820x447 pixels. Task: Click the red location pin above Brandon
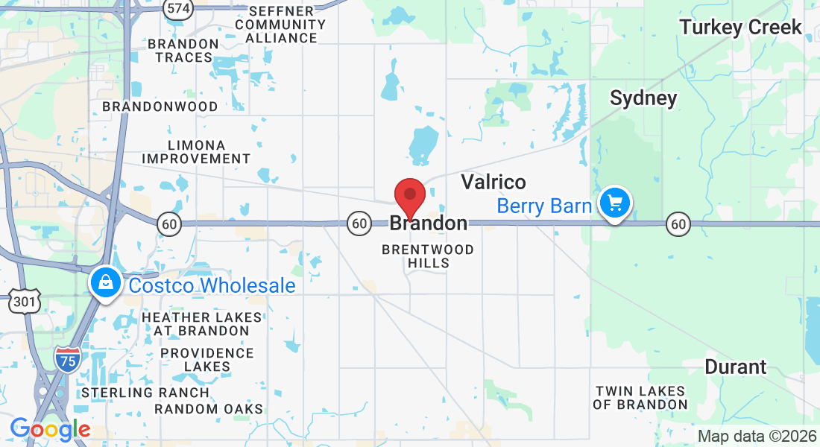pyautogui.click(x=409, y=195)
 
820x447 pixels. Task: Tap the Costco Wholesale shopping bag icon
pyautogui.click(x=106, y=283)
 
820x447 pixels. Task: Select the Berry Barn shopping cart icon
pyautogui.click(x=614, y=203)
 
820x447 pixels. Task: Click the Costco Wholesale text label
pyautogui.click(x=212, y=286)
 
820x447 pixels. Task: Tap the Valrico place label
pyautogui.click(x=493, y=182)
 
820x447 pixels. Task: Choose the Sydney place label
pyautogui.click(x=643, y=98)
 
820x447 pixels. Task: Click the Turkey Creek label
pyautogui.click(x=740, y=28)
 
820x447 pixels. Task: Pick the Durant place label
pyautogui.click(x=735, y=367)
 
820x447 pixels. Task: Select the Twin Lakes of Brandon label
pyautogui.click(x=640, y=398)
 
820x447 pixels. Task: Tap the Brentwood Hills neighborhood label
pyautogui.click(x=428, y=256)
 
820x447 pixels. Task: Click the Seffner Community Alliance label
pyautogui.click(x=280, y=25)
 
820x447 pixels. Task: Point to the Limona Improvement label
pyautogui.click(x=196, y=152)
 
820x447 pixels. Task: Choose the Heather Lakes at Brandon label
pyautogui.click(x=201, y=324)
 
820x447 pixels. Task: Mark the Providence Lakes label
pyautogui.click(x=207, y=360)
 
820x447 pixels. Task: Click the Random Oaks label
pyautogui.click(x=209, y=409)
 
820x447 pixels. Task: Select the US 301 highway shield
pyautogui.click(x=21, y=302)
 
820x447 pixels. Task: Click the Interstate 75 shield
pyautogui.click(x=66, y=358)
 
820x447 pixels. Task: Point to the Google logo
pyautogui.click(x=50, y=429)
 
